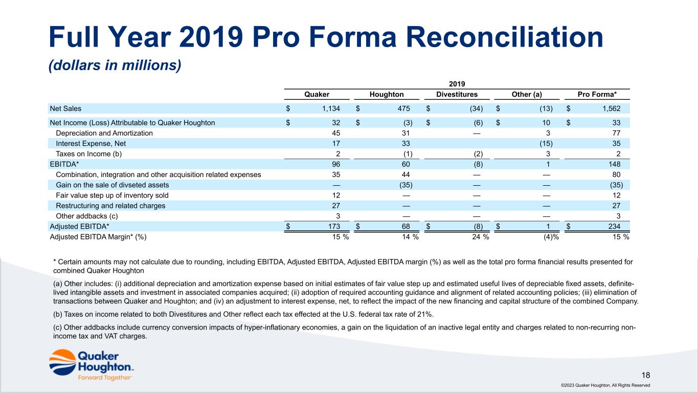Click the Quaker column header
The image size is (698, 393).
(317, 94)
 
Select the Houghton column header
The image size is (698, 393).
(387, 94)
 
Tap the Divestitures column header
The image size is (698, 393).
(457, 94)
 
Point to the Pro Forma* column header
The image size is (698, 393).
(597, 94)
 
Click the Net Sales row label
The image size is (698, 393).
(65, 108)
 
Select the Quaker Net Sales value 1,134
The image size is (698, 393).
(330, 108)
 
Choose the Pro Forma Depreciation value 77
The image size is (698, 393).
(617, 133)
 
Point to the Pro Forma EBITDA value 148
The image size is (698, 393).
(615, 164)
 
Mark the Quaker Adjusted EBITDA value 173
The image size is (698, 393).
(334, 226)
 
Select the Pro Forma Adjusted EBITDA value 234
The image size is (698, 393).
(615, 226)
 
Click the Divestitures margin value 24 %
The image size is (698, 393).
(480, 236)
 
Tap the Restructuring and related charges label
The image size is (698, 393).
(110, 206)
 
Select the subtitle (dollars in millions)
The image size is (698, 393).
(115, 65)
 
